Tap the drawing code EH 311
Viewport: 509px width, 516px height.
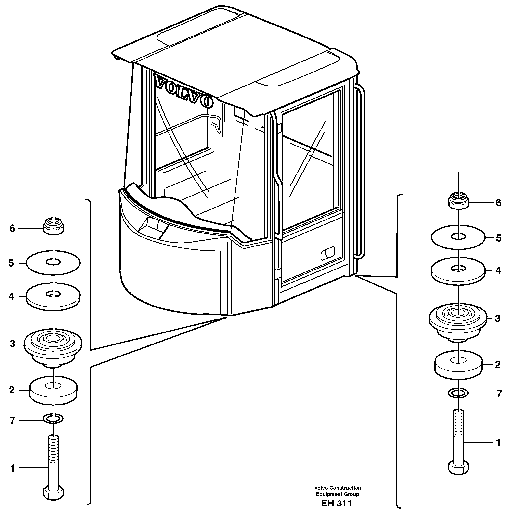(337, 504)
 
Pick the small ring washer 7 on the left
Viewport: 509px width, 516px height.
(53, 419)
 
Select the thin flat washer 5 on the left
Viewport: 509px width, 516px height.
(53, 263)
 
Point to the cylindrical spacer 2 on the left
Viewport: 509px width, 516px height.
(53, 390)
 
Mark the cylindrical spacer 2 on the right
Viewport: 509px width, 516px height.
(458, 365)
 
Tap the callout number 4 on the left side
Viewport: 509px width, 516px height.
(11, 296)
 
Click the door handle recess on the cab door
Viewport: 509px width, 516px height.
(327, 253)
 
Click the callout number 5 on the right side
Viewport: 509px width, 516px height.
(498, 238)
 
